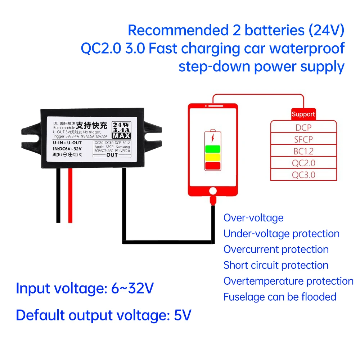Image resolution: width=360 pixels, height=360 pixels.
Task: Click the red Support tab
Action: tap(303, 114)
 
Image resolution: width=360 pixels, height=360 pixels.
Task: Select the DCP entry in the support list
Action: tap(303, 127)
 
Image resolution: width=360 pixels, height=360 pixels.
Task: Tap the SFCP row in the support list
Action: tap(303, 139)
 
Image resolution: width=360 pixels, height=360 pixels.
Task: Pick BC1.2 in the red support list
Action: tap(303, 151)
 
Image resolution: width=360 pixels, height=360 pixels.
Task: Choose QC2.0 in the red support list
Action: tap(303, 163)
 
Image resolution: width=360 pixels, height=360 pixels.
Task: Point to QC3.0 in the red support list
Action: tap(303, 175)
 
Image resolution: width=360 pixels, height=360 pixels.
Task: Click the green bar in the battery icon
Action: tap(213, 149)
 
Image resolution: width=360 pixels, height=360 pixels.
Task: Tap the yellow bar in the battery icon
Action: tap(213, 157)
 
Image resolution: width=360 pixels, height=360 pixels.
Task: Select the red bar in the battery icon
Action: tap(213, 166)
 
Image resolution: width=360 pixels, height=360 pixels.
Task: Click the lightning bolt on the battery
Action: tap(213, 137)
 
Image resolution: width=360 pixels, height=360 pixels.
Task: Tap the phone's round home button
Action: tap(213, 190)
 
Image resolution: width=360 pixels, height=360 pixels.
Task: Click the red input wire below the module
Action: tap(70, 194)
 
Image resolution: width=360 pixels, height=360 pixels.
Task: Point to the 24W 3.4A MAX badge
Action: tap(121, 129)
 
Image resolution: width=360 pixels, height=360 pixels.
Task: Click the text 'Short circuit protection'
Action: tap(276, 265)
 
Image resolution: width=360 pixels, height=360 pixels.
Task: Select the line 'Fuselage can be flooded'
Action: tap(280, 297)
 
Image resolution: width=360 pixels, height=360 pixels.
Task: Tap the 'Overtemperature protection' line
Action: tap(288, 281)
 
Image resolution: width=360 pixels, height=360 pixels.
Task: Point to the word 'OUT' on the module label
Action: tap(112, 155)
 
